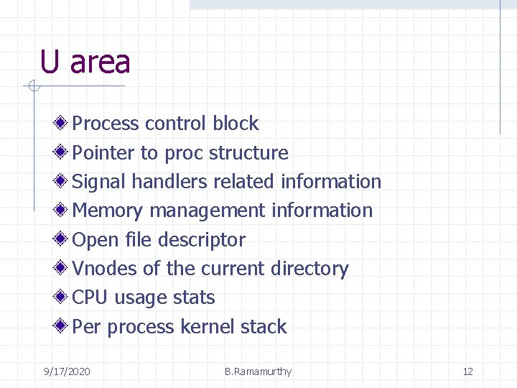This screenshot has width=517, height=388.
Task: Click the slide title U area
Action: [85, 62]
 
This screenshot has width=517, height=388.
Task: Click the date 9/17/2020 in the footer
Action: [67, 371]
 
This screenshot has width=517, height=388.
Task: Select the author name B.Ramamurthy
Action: [258, 371]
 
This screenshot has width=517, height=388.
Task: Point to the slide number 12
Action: [467, 371]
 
